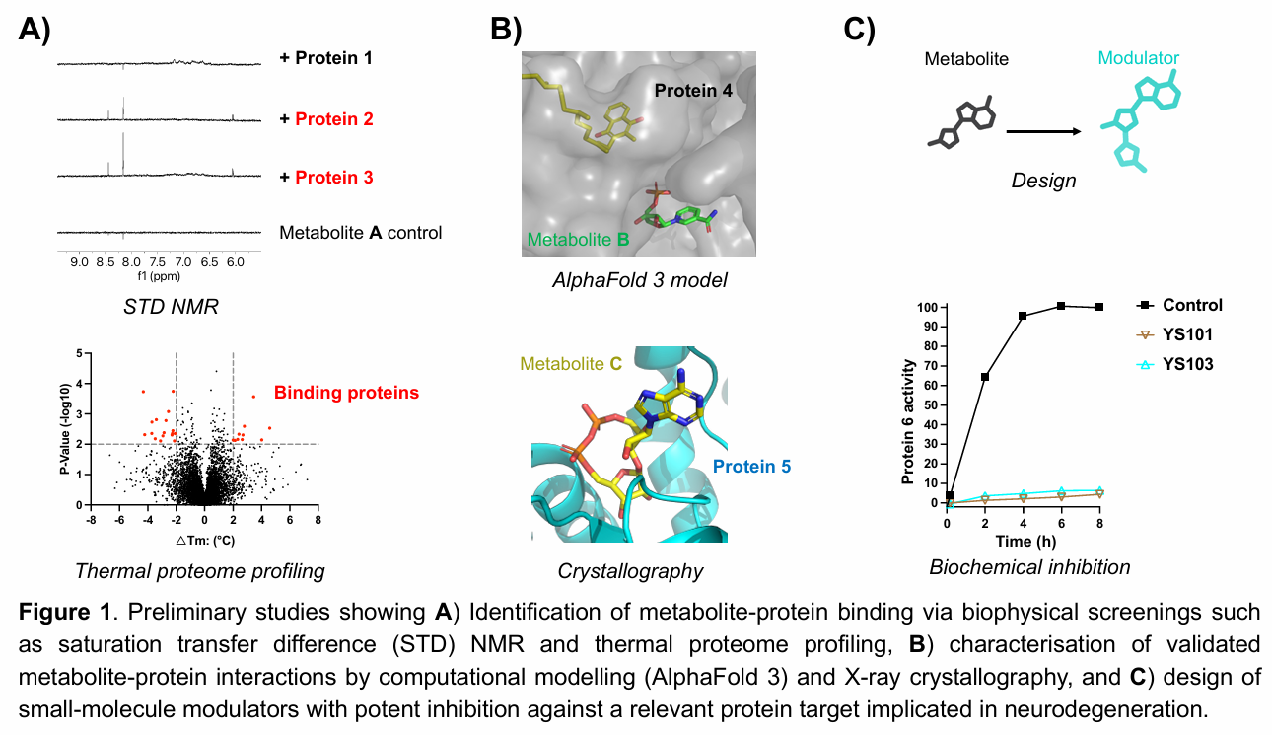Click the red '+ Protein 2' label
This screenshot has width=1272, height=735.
(x=326, y=119)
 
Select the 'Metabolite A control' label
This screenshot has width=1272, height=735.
(x=360, y=233)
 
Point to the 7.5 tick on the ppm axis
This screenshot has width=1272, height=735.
(x=158, y=262)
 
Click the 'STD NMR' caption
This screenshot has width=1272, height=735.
(x=171, y=307)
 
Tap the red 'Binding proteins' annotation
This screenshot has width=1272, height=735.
(x=346, y=393)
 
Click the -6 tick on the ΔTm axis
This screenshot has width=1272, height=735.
(x=118, y=520)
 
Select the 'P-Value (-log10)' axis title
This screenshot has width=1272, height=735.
(x=65, y=429)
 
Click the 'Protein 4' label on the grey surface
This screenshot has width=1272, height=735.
(x=693, y=91)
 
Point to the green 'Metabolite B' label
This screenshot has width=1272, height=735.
(x=578, y=240)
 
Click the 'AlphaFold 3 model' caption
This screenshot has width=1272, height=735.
(x=639, y=280)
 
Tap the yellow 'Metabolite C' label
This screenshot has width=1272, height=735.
(x=571, y=363)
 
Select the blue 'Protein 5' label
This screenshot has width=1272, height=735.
(x=751, y=467)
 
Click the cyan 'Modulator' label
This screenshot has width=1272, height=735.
(x=1138, y=58)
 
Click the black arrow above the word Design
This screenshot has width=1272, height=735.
(x=1043, y=132)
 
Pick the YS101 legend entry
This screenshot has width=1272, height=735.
(x=1174, y=334)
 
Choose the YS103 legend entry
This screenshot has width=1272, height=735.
(x=1174, y=364)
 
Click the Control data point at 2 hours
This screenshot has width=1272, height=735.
(x=985, y=377)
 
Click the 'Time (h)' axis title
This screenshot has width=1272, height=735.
(x=1025, y=541)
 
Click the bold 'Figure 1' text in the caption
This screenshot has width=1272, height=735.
(x=64, y=612)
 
